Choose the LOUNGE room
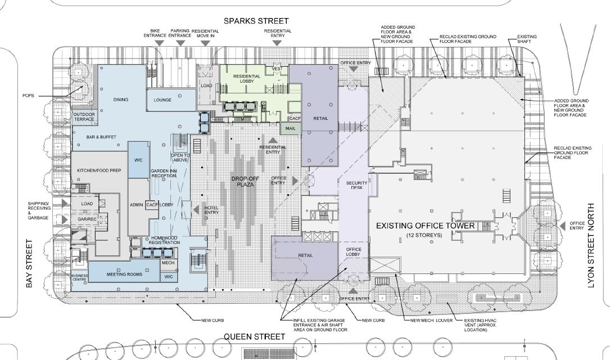pyautogui.click(x=162, y=100)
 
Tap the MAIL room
pyautogui.click(x=290, y=128)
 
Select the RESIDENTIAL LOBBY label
pyautogui.click(x=245, y=78)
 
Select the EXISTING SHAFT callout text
pyautogui.click(x=527, y=39)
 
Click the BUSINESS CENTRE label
pyautogui.click(x=79, y=277)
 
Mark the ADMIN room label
pyautogui.click(x=136, y=205)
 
